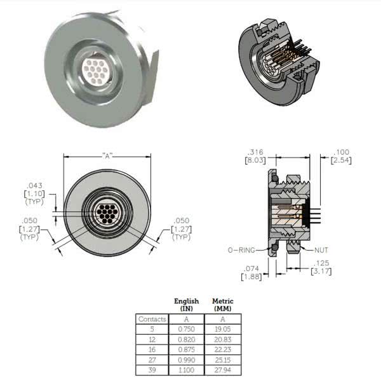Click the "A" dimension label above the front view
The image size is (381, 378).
pos(107,156)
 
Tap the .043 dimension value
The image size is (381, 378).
pos(35,186)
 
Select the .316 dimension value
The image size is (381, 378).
pos(255,152)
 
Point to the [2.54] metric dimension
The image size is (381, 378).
pos(341,160)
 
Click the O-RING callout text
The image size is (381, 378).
pos(241,250)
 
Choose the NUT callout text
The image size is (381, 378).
pos(321,250)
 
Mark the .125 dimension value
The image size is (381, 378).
pos(321,263)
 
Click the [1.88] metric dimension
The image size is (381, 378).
pos(251,277)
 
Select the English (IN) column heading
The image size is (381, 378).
pos(186,305)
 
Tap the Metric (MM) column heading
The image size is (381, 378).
pos(223,305)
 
